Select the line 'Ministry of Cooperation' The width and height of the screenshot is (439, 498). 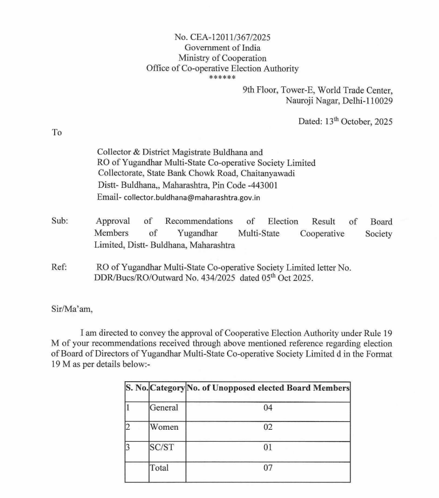point(223,58)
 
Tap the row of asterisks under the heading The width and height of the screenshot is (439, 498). point(222,78)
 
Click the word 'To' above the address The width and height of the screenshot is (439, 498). point(56,133)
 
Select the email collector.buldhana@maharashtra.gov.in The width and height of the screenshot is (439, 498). point(192,198)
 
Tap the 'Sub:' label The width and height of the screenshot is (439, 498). point(60,222)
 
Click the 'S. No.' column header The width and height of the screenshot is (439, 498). point(136,388)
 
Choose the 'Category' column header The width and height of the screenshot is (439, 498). point(167,388)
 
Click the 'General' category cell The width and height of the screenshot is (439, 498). point(163,408)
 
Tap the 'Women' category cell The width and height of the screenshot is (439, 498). point(163,428)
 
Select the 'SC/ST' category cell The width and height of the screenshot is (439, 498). point(162,447)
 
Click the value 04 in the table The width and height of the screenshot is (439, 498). point(268,408)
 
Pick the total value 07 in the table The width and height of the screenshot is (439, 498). point(268,468)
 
